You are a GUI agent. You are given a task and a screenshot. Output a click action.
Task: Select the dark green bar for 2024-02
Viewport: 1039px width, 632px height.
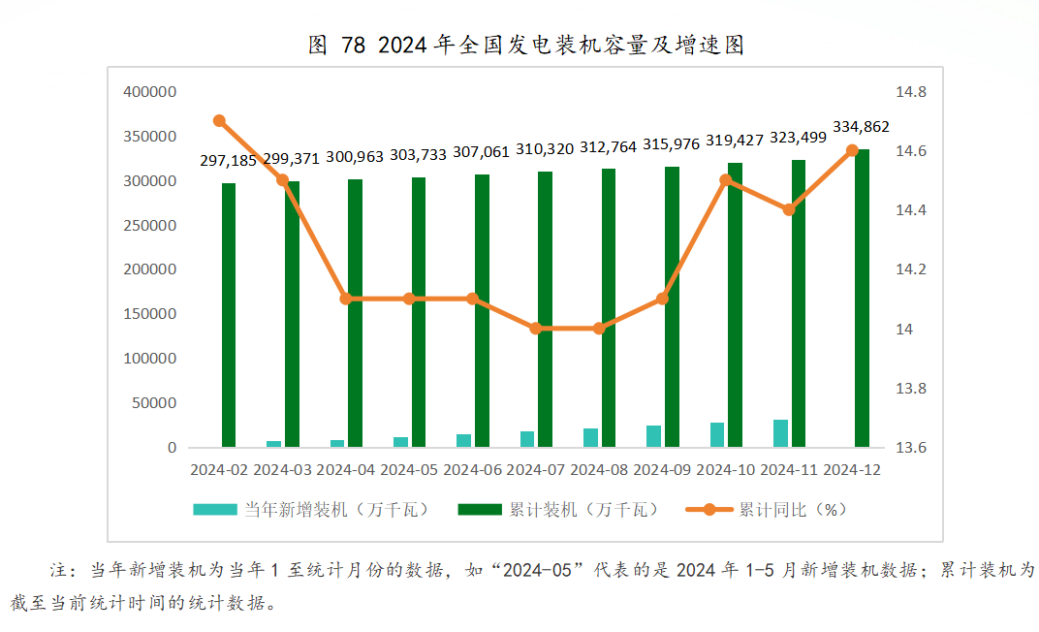pos(229,315)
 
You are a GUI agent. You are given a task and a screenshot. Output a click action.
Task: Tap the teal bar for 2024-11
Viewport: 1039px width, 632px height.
pos(780,433)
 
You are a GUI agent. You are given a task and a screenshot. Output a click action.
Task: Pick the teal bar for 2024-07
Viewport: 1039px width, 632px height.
pos(527,439)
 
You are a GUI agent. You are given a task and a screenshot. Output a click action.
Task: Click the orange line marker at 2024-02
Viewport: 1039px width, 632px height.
pos(219,121)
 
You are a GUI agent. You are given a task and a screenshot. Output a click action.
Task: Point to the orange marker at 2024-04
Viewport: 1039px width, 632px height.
pos(345,299)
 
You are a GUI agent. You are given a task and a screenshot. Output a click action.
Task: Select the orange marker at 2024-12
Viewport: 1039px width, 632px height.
pos(852,150)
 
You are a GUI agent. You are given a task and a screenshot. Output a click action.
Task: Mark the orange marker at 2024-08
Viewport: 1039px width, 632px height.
pos(598,329)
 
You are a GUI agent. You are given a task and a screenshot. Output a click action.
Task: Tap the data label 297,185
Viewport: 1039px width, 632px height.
pos(229,160)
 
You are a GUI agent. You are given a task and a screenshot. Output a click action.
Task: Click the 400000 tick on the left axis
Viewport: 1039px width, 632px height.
pos(150,92)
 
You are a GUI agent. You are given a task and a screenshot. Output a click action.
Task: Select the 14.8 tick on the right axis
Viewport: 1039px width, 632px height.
pos(911,92)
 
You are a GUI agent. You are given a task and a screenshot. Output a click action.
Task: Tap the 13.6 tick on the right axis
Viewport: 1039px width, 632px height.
pos(911,448)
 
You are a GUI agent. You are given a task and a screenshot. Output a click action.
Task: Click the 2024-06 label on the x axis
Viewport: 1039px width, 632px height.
pos(472,470)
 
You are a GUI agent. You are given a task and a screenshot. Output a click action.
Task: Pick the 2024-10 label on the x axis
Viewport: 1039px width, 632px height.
pos(726,470)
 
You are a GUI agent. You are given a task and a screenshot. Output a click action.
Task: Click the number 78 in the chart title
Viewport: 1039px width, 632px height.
pos(353,46)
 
